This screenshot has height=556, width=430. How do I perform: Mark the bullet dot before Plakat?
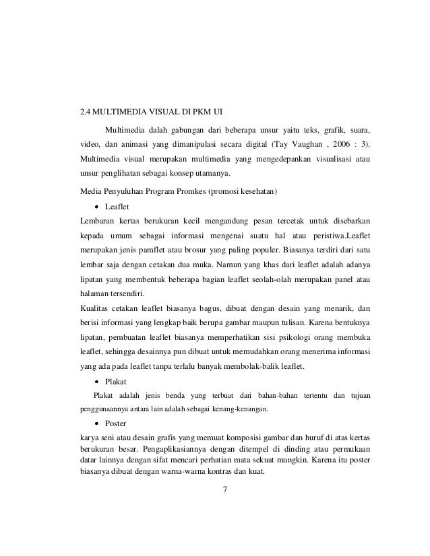tap(97, 381)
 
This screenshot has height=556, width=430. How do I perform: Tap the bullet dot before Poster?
tap(97, 424)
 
